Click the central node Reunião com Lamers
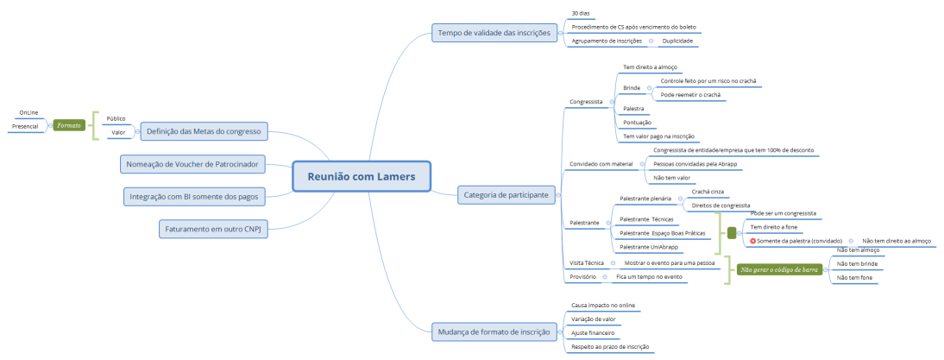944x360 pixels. [x=362, y=177]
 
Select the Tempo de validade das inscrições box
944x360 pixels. [x=492, y=34]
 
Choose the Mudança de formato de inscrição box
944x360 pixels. [x=492, y=331]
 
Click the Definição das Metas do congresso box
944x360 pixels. [x=205, y=131]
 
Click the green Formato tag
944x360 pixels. [x=69, y=125]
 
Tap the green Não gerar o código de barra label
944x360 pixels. [x=779, y=268]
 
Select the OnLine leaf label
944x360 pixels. [x=28, y=112]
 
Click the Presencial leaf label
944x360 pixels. [x=24, y=127]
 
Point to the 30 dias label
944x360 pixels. [x=581, y=14]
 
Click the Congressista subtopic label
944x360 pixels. [x=587, y=102]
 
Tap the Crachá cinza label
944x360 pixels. [x=707, y=191]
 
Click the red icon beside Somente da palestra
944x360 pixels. [x=753, y=241]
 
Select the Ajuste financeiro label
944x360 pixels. [x=593, y=332]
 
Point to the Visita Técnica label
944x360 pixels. [x=587, y=262]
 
